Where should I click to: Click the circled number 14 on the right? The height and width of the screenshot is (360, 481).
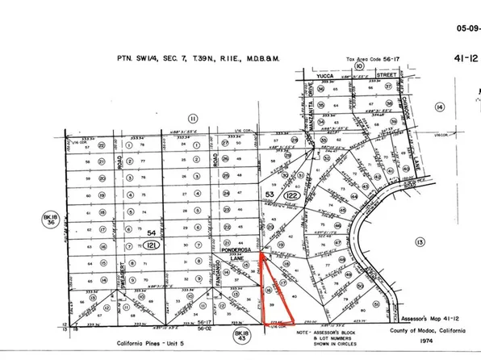click(440, 106)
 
